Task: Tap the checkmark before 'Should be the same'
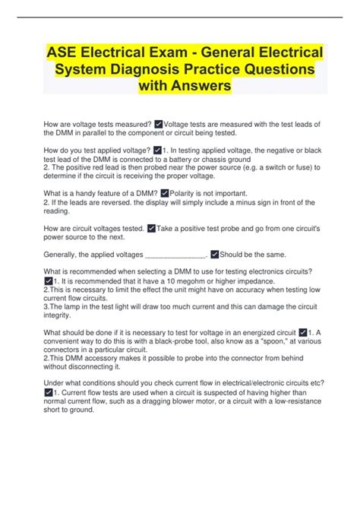[x=215, y=254]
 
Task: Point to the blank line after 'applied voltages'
[x=174, y=255]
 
